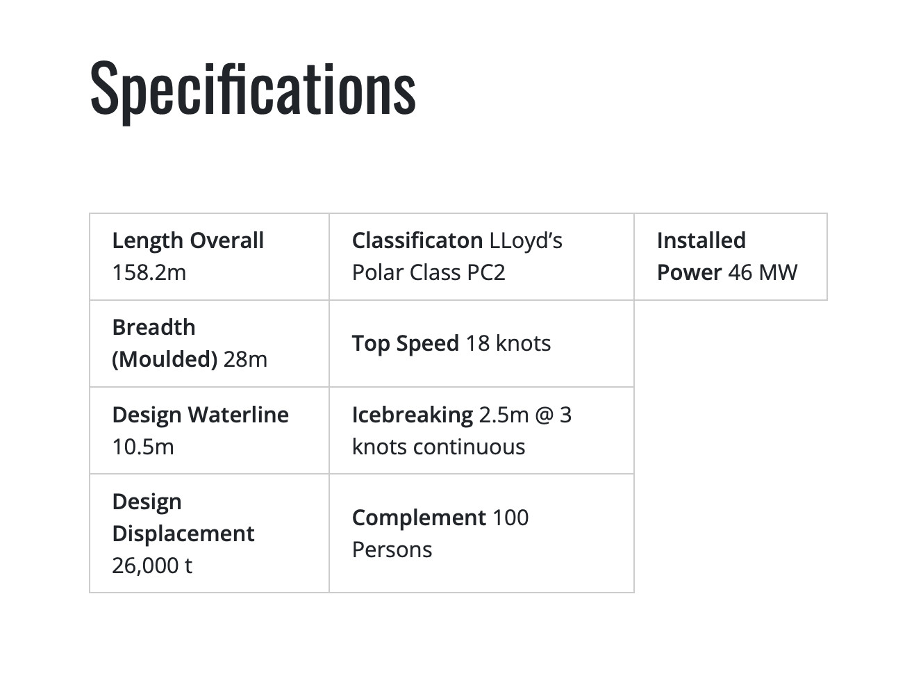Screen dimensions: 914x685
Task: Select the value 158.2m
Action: click(x=149, y=273)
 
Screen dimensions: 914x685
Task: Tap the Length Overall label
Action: click(x=188, y=240)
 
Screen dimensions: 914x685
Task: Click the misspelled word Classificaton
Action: click(x=417, y=240)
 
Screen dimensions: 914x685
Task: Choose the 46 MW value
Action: click(x=763, y=273)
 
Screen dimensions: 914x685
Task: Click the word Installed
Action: click(x=701, y=240)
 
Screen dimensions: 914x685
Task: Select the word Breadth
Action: click(x=153, y=327)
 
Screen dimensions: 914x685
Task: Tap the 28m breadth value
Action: click(x=245, y=359)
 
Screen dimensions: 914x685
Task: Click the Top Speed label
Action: click(x=406, y=343)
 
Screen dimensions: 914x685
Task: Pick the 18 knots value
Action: click(x=508, y=343)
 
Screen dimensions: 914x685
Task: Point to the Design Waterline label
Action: click(x=200, y=415)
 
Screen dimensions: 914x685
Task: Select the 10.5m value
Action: click(x=143, y=447)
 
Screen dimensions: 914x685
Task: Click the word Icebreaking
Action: click(x=413, y=415)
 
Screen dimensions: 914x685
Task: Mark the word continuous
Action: click(x=470, y=447)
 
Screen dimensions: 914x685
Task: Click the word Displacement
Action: click(x=183, y=534)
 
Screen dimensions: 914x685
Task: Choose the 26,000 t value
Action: click(x=152, y=566)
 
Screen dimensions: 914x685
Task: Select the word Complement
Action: click(x=419, y=518)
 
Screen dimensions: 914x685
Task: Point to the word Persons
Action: click(x=392, y=550)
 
